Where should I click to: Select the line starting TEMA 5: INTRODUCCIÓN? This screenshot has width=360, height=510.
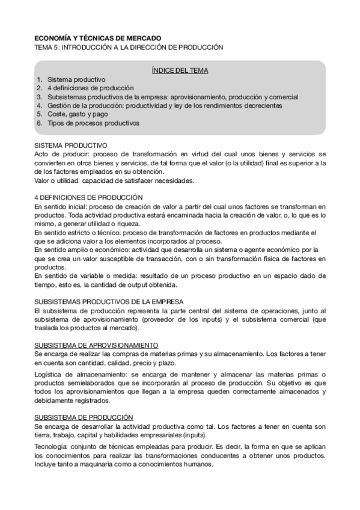click(x=129, y=47)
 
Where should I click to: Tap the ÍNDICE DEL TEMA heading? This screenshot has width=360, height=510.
click(x=180, y=70)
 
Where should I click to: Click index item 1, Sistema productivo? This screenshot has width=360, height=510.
click(x=76, y=79)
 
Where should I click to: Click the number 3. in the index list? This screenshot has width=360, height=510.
click(x=40, y=96)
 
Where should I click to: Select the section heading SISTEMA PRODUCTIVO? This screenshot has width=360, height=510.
click(x=71, y=145)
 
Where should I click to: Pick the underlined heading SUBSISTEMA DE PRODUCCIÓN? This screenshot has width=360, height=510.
click(x=84, y=417)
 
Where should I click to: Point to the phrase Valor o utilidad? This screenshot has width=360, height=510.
click(x=56, y=180)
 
